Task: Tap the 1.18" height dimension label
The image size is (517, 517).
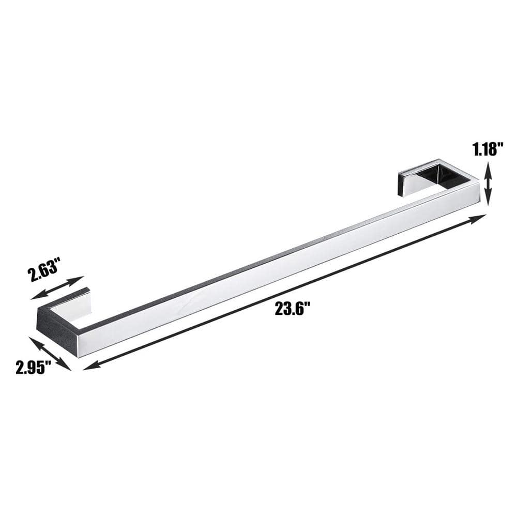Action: point(489,149)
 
